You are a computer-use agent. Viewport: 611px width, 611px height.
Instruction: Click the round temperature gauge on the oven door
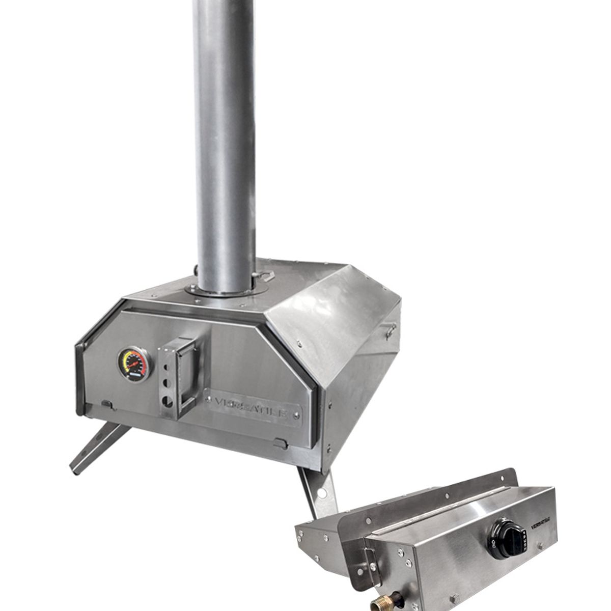(x=134, y=364)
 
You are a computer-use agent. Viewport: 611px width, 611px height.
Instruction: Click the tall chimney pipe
(x=224, y=143)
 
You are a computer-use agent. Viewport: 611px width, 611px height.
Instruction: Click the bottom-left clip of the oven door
(x=106, y=404)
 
